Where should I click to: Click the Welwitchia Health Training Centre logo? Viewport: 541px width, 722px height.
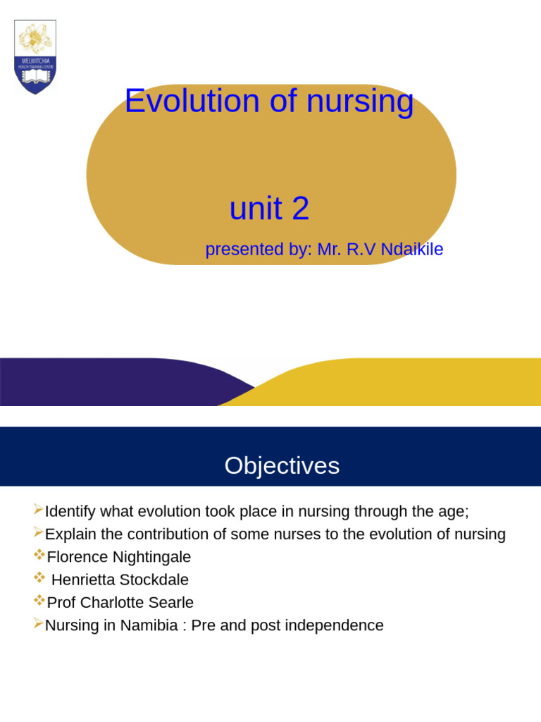(35, 57)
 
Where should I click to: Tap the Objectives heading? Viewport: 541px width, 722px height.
(282, 465)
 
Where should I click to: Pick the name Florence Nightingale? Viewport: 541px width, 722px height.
(119, 557)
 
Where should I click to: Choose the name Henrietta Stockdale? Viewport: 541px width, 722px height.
(120, 580)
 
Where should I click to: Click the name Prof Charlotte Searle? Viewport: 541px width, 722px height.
(120, 603)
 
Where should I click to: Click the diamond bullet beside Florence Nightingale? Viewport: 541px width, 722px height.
(39, 556)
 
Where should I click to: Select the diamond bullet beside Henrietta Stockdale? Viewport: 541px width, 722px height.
(39, 578)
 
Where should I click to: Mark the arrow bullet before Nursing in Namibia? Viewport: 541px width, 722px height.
(38, 624)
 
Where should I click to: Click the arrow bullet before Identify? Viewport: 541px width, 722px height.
(38, 510)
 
